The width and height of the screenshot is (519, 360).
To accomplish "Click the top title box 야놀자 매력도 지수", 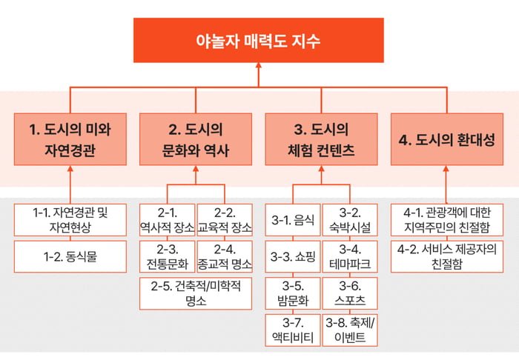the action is (259, 40).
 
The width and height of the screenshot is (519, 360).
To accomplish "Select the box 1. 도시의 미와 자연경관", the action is (70, 139).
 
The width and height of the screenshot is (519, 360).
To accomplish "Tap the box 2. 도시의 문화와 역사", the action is (196, 139).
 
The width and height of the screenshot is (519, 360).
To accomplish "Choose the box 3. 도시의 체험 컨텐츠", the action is (321, 139).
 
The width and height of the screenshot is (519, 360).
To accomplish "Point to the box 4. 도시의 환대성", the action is (447, 139).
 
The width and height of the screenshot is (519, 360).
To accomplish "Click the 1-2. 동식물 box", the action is (70, 256).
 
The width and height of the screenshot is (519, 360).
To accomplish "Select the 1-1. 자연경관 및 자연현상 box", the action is (70, 220).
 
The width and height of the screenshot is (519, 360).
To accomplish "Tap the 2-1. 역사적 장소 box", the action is (167, 220).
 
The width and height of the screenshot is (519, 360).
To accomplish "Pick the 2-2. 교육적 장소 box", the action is (225, 220).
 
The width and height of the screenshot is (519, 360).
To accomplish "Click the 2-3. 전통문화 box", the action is (167, 256).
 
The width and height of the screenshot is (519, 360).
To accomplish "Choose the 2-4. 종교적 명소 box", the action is (225, 256).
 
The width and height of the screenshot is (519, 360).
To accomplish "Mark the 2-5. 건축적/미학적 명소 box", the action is (196, 293).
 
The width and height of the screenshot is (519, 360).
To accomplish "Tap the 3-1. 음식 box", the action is (293, 220).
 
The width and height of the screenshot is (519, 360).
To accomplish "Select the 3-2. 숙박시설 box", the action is (350, 220).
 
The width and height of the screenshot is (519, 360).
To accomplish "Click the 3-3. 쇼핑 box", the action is (293, 256).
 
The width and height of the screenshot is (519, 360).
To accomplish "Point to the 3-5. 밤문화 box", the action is (293, 293).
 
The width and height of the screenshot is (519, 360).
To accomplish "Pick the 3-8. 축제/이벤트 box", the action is (350, 330).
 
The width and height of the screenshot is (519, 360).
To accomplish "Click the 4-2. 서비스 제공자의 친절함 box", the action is (447, 256).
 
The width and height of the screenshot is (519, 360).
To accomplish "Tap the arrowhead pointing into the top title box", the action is (259, 65).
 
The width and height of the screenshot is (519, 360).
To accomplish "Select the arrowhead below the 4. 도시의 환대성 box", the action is (446, 169).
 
